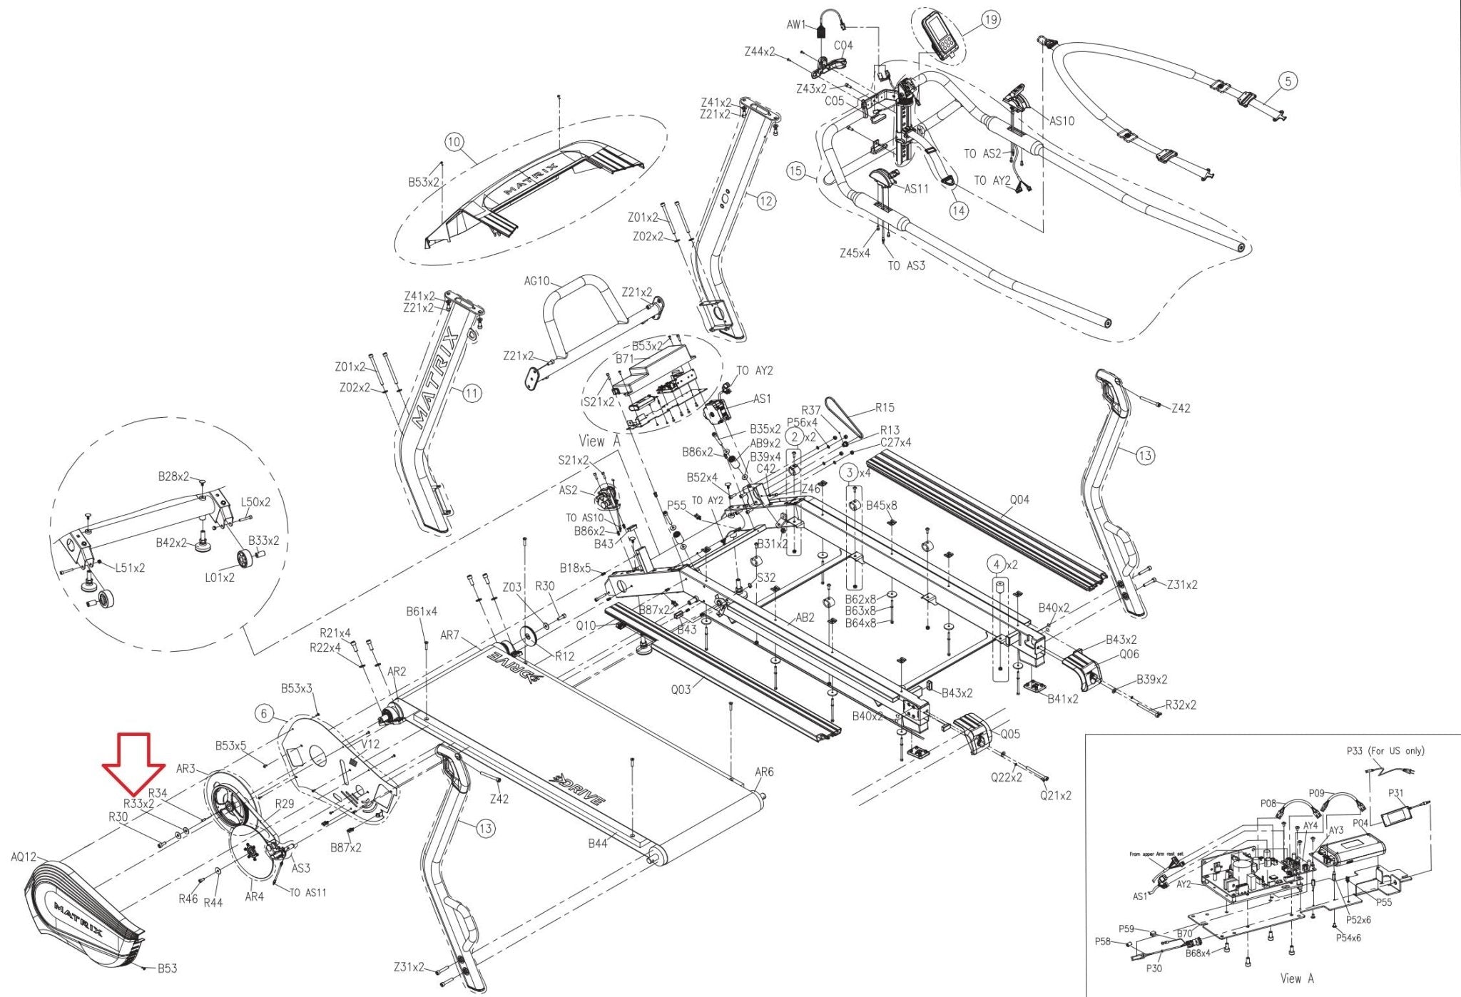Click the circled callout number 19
click(991, 20)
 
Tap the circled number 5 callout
click(1288, 81)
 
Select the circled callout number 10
click(454, 142)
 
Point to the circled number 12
click(765, 201)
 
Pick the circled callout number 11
click(472, 392)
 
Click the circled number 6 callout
click(264, 713)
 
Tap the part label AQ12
click(24, 857)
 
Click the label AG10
click(536, 281)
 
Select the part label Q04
click(1019, 500)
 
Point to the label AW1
click(795, 25)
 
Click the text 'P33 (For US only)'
click(1385, 751)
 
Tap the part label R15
click(885, 408)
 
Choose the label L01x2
click(220, 578)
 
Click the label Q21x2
click(1055, 795)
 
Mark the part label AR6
click(764, 772)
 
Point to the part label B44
click(597, 844)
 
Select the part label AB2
click(805, 618)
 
